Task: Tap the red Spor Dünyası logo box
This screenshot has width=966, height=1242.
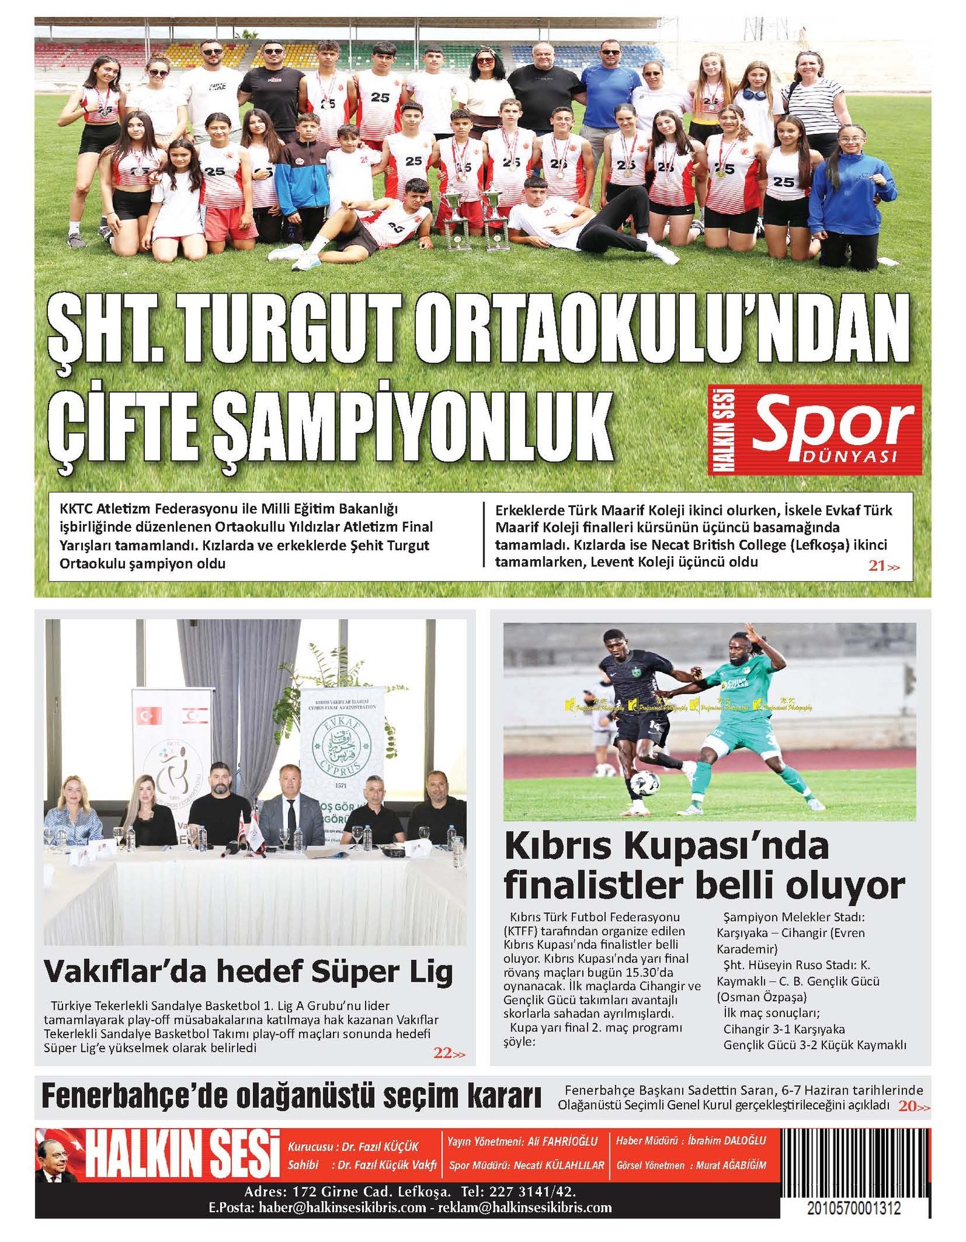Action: tap(815, 429)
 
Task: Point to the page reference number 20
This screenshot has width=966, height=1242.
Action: tap(907, 1106)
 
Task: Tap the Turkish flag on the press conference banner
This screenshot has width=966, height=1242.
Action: tap(147, 716)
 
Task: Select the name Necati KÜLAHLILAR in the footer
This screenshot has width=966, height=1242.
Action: tap(558, 1166)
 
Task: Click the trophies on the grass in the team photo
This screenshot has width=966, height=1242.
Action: tap(473, 220)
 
